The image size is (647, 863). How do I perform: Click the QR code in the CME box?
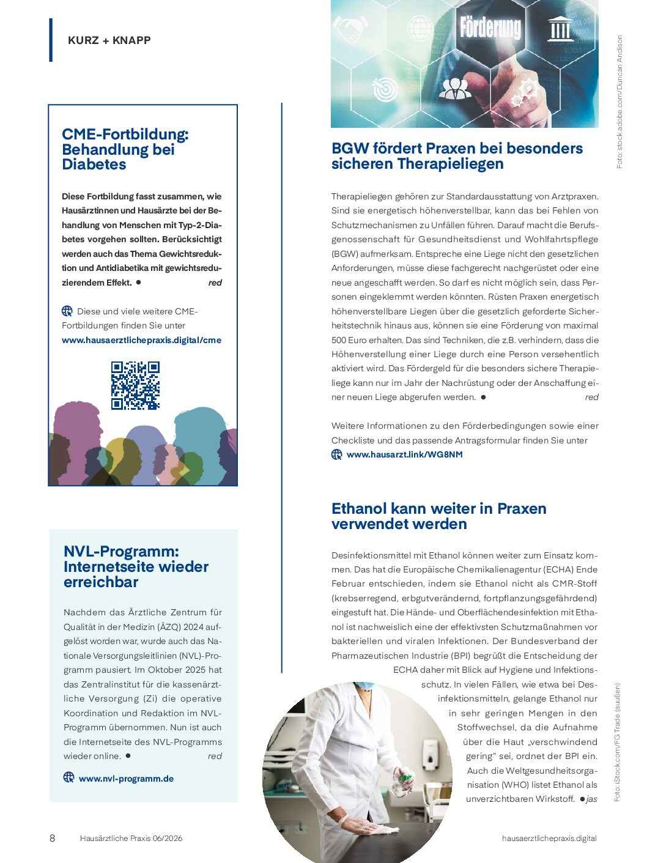tap(135, 385)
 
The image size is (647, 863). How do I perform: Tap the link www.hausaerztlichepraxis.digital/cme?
tap(141, 340)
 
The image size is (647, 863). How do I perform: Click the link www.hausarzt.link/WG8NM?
tap(404, 454)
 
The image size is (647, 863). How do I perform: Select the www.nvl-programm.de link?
tap(126, 779)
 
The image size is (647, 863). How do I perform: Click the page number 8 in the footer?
tap(52, 838)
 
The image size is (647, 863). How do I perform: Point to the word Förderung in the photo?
tap(490, 28)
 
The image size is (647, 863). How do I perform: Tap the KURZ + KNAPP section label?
tap(109, 40)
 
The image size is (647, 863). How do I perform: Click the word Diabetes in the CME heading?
tap(94, 165)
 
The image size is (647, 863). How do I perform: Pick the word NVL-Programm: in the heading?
tap(121, 552)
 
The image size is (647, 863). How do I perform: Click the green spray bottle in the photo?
tap(404, 779)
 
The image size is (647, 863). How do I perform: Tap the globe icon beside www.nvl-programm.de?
tap(69, 777)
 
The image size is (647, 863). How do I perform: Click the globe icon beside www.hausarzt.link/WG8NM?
tap(337, 454)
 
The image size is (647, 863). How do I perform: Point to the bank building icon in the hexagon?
tap(560, 28)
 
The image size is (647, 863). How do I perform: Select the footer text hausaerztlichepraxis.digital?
tap(549, 838)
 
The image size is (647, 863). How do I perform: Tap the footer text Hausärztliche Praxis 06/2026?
tap(131, 838)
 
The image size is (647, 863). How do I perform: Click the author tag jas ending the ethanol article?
tap(591, 799)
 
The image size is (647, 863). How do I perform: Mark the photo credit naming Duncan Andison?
tap(619, 102)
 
